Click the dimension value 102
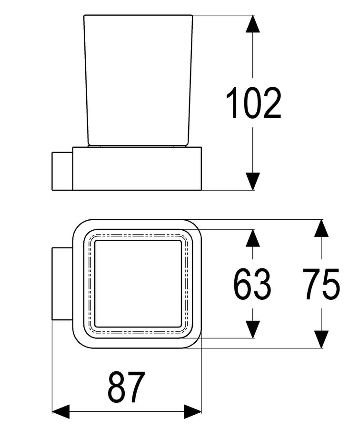(x=253, y=102)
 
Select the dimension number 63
(x=252, y=284)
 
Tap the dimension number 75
(x=321, y=284)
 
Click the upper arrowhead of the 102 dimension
(x=252, y=24)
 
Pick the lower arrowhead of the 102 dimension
(x=252, y=181)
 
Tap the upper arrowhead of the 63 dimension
(x=252, y=238)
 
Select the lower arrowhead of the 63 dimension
(x=252, y=329)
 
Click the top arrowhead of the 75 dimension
(x=321, y=228)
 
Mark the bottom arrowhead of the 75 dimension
(x=321, y=339)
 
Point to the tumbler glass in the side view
(x=138, y=81)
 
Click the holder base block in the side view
(x=137, y=168)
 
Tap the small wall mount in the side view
(x=62, y=171)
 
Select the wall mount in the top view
(x=62, y=284)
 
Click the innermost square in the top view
(x=138, y=284)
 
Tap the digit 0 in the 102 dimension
(x=253, y=102)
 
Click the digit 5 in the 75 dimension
(x=331, y=284)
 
